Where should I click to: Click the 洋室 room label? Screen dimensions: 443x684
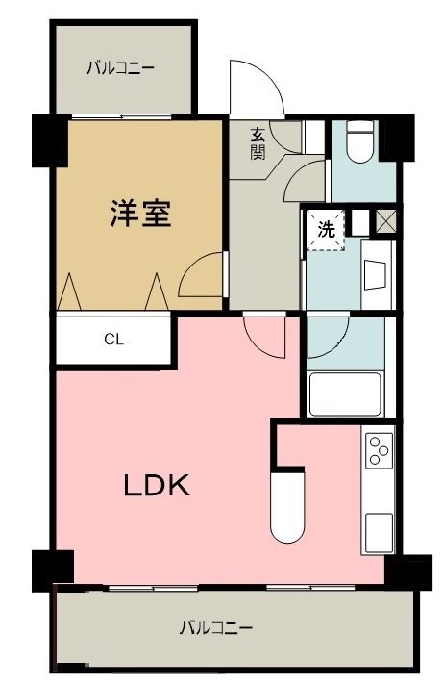click(x=140, y=213)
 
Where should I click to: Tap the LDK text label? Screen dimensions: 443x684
click(x=157, y=485)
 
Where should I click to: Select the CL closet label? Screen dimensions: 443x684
click(x=113, y=339)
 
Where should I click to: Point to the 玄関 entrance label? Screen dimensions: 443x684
click(x=258, y=143)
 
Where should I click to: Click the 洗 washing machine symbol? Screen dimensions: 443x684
click(x=326, y=230)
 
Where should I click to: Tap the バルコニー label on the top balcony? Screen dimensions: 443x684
click(x=120, y=68)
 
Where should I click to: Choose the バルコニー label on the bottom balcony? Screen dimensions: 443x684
click(x=216, y=628)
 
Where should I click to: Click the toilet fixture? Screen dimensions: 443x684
click(x=360, y=140)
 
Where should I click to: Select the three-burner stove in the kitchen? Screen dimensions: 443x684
click(x=379, y=450)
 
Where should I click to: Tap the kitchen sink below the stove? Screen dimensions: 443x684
click(x=379, y=532)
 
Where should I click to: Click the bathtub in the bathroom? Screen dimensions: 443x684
click(x=345, y=394)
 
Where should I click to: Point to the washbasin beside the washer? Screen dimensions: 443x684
click(x=376, y=275)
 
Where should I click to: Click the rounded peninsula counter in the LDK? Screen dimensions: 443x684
click(x=287, y=507)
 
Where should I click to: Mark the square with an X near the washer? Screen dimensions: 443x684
click(x=385, y=220)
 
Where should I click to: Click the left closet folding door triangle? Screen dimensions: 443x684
click(x=69, y=291)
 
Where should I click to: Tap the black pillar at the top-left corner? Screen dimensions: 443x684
click(x=49, y=140)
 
